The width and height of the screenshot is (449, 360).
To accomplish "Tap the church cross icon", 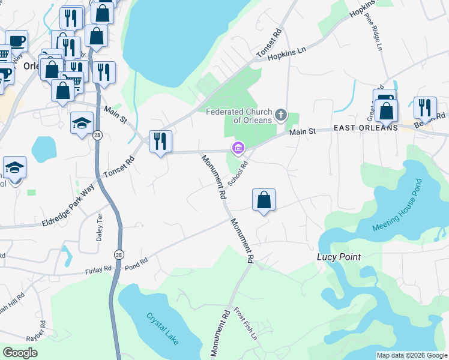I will (x=280, y=115).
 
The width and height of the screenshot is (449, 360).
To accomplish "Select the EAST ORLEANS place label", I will (x=366, y=128).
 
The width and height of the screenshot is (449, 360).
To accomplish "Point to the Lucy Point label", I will (x=339, y=257).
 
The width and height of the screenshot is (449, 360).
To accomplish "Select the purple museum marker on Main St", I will (x=238, y=148).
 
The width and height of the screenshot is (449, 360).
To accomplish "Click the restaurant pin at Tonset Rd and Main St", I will (x=160, y=142).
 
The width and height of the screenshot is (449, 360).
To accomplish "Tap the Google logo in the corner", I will (x=20, y=353).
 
